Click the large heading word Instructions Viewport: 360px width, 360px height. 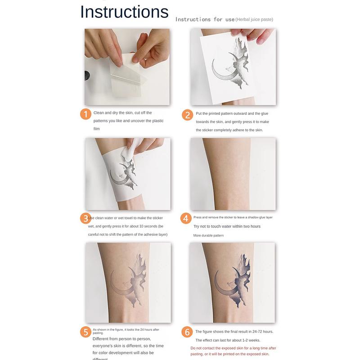pyautogui.click(x=124, y=12)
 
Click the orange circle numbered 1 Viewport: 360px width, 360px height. pyautogui.click(x=85, y=114)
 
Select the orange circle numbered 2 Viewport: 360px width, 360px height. pyautogui.click(x=187, y=115)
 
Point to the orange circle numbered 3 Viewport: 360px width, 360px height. pyautogui.click(x=85, y=219)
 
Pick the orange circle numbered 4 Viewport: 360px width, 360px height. pyautogui.click(x=186, y=219)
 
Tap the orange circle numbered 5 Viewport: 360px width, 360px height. pyautogui.click(x=85, y=332)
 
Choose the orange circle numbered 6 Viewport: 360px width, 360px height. pyautogui.click(x=187, y=333)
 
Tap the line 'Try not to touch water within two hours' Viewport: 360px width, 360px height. pyautogui.click(x=227, y=226)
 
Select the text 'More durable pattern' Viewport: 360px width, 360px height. pyautogui.click(x=208, y=235)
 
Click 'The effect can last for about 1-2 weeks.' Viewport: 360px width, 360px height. pyautogui.click(x=228, y=340)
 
